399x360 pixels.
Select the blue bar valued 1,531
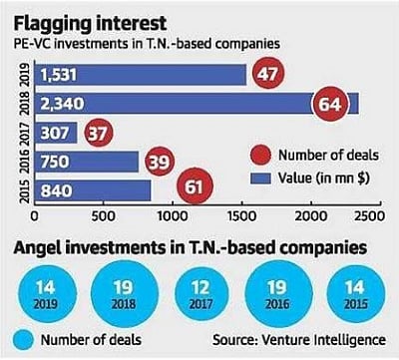(x=140, y=76)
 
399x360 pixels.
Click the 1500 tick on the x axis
(x=243, y=212)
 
